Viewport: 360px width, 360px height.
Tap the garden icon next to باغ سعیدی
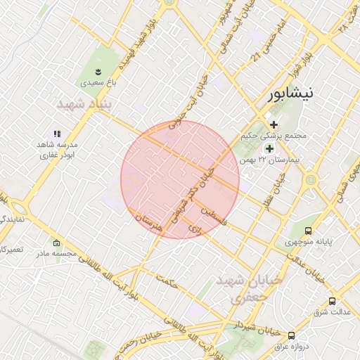(x=98, y=71)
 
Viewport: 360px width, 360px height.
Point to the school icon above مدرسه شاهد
(x=58, y=133)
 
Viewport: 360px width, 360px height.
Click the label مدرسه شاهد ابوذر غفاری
(x=58, y=149)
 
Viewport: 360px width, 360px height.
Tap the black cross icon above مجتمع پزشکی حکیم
(x=274, y=124)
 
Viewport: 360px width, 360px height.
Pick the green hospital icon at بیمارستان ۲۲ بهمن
(x=269, y=148)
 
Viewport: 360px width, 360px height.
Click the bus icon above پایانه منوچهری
(x=308, y=231)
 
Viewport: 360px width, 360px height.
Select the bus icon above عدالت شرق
(x=332, y=301)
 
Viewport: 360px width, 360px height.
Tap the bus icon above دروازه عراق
(x=291, y=335)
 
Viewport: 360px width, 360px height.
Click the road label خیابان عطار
(x=272, y=192)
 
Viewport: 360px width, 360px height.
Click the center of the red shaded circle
(x=180, y=179)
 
